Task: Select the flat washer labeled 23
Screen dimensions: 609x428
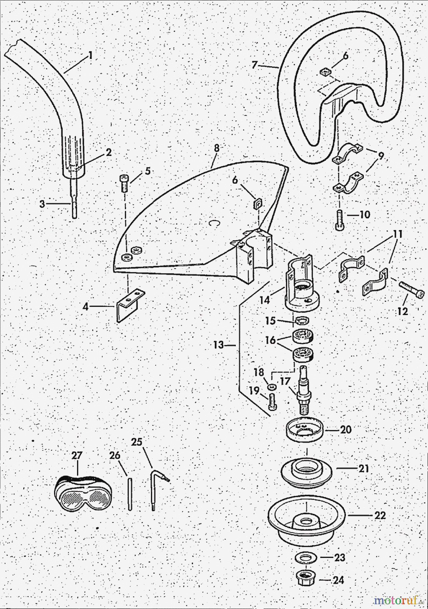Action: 305,558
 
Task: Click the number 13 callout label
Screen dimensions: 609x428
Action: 218,345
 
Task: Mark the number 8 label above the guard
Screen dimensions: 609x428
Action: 217,148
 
